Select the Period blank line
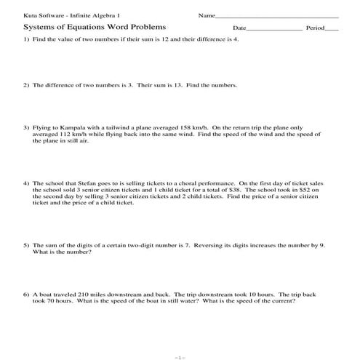coord(332,30)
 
